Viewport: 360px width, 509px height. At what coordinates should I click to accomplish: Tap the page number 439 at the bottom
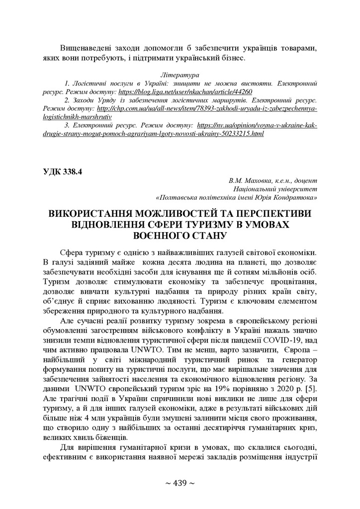pyautogui.click(x=180, y=484)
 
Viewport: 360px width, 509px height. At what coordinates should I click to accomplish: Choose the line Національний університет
pyautogui.click(x=275, y=189)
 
